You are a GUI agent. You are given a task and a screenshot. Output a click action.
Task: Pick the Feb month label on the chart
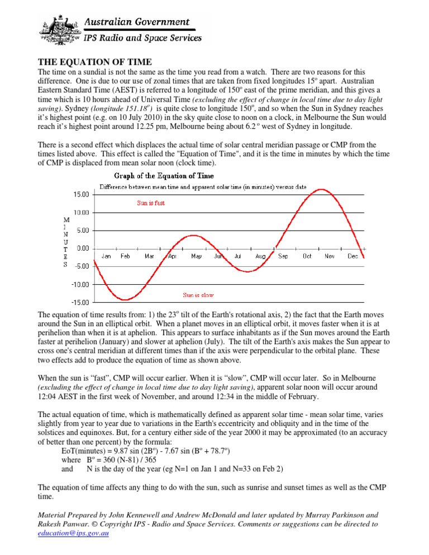point(125,256)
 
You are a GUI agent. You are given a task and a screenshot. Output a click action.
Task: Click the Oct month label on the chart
point(307,256)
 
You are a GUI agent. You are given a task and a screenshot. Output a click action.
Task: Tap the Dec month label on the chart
point(352,256)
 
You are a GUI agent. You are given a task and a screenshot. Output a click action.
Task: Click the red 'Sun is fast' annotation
point(151,203)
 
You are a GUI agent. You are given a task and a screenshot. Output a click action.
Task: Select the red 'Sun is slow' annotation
point(199,294)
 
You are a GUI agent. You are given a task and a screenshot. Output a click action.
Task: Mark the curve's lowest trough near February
point(126,300)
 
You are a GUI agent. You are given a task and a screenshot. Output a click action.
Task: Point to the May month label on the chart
point(196,256)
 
